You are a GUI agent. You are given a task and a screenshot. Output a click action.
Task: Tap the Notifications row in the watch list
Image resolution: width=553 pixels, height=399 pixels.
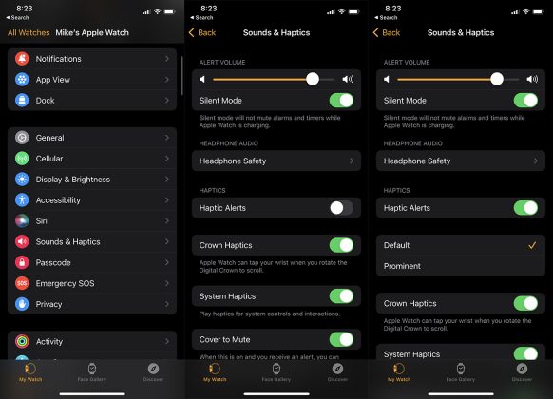coord(91,59)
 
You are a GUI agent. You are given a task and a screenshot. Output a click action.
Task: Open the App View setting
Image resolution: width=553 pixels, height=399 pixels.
coord(91,80)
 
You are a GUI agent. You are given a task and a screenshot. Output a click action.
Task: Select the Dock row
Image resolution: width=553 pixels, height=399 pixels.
coord(91,101)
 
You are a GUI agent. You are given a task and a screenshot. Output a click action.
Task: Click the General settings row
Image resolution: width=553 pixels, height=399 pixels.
coord(91,138)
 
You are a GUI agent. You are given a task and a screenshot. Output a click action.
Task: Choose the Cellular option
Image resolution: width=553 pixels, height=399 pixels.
coord(91,159)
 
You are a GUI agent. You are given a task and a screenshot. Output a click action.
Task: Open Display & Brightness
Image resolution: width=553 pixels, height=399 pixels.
coord(91,180)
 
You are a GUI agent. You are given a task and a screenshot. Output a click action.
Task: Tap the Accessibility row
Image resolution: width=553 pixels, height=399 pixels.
coord(91,200)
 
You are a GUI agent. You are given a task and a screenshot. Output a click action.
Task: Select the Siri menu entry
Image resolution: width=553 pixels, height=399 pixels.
coord(91,221)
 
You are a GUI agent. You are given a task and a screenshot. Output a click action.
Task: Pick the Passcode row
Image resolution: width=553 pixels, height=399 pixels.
coord(91,262)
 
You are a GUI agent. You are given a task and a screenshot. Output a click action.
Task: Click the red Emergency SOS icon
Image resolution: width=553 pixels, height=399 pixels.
coord(22,283)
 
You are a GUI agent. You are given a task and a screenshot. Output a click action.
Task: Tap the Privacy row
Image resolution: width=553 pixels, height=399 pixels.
coord(91,304)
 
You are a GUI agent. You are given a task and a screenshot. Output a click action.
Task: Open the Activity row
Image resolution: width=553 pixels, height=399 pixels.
coord(91,342)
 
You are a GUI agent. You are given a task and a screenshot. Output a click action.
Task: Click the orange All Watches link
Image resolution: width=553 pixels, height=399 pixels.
coord(28,31)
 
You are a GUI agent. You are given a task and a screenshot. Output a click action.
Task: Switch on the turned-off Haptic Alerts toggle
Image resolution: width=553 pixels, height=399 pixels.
coord(340,207)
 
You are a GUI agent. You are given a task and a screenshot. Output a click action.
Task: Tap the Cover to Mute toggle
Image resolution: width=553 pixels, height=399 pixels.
coord(340,339)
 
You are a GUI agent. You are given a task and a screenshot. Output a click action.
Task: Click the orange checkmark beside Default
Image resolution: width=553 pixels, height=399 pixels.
coord(532,245)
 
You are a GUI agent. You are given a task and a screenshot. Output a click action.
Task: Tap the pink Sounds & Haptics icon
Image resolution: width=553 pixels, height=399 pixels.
coord(22,241)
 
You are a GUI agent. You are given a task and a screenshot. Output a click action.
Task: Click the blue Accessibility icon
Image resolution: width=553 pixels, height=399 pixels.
coord(22,200)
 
